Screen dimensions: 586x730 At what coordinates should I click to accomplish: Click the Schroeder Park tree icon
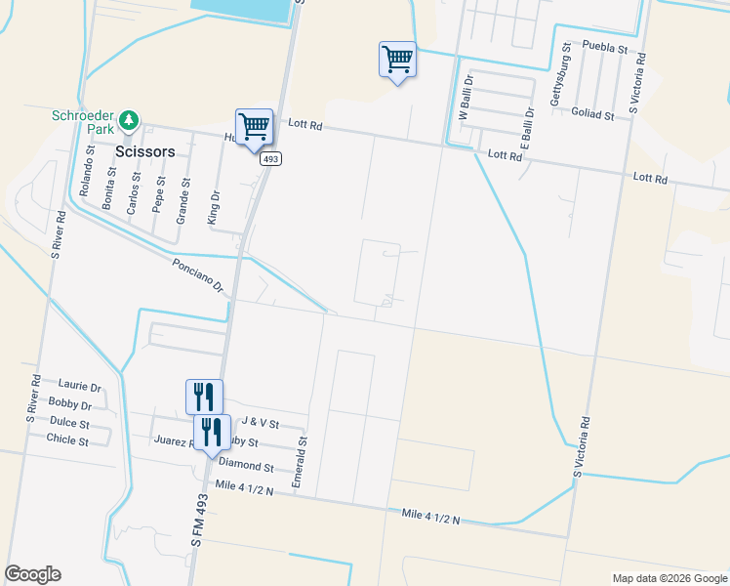click(129, 121)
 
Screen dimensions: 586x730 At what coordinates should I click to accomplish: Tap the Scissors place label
click(144, 152)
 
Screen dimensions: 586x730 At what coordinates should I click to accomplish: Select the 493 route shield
click(271, 159)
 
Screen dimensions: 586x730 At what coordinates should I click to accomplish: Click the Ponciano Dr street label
click(198, 276)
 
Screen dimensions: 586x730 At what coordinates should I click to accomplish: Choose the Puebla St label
click(604, 46)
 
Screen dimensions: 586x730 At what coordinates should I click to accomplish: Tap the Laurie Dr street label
click(80, 386)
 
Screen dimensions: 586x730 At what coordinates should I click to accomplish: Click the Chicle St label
click(67, 439)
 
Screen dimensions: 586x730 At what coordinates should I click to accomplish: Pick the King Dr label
click(215, 208)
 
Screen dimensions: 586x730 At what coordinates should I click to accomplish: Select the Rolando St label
click(87, 171)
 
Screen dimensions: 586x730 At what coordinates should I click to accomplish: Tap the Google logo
click(32, 574)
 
